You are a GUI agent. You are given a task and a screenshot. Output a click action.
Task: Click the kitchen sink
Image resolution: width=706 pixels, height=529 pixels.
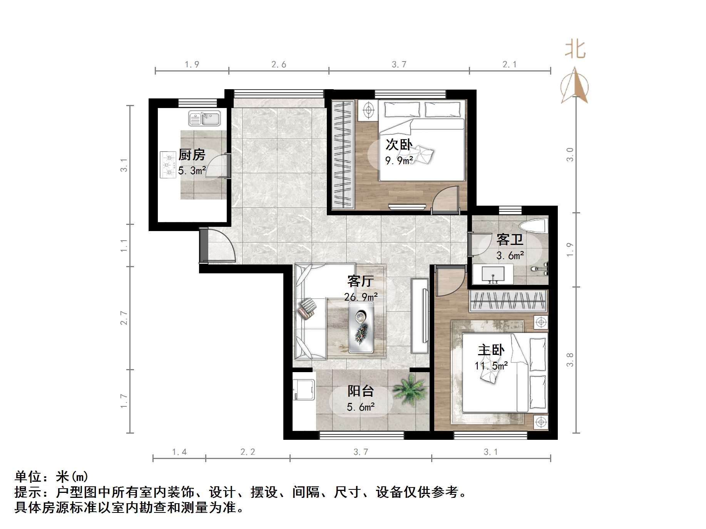pos(204,118)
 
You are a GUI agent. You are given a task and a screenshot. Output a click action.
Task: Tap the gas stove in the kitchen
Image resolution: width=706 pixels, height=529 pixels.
pos(167,165)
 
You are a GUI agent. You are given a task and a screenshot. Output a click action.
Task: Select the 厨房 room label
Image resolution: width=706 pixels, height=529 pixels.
pos(192,155)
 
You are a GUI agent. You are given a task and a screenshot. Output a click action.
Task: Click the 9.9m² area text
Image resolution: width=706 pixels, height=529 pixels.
pos(399,161)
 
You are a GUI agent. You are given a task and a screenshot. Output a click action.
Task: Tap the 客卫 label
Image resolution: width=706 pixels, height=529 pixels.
pos(510,240)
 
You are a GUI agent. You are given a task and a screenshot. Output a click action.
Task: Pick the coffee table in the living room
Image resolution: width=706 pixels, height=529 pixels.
pos(361,327)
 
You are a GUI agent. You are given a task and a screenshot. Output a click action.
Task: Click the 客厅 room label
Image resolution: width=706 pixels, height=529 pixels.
pos(360,281)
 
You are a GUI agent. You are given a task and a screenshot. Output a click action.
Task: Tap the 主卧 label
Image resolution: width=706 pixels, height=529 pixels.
pos(491,350)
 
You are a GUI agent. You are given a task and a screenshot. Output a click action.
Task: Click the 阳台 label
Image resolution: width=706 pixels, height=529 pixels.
pos(361,391)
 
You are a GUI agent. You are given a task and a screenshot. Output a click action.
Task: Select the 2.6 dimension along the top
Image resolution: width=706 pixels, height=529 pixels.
pos(279,65)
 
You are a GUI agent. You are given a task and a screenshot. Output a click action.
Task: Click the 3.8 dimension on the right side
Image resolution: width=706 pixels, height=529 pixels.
pos(570,360)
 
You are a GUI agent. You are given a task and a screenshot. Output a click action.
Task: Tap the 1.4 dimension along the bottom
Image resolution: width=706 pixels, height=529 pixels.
pos(179,452)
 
